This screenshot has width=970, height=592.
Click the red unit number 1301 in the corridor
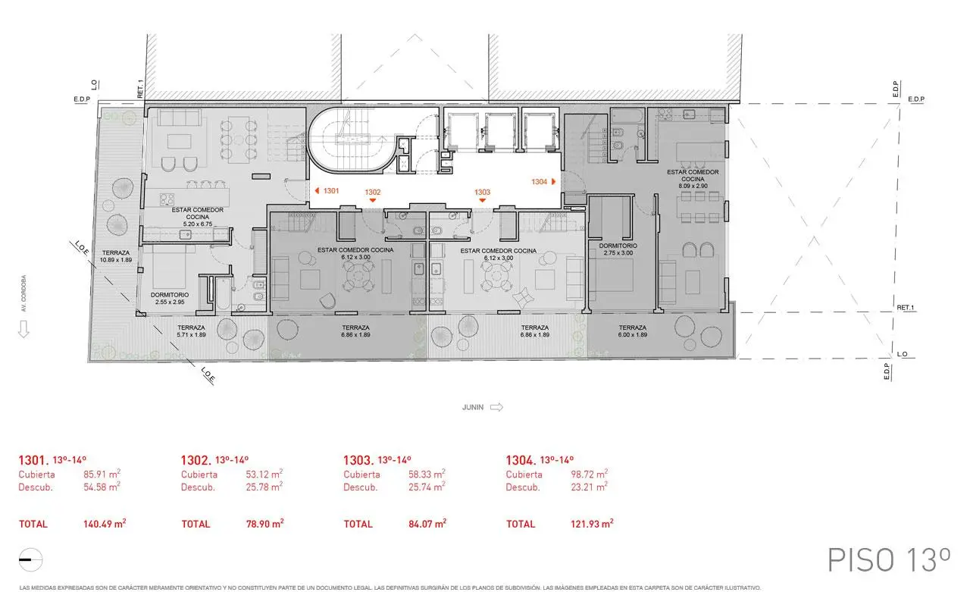point(330,192)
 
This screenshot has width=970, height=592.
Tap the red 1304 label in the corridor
point(540,182)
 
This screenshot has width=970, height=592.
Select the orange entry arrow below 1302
point(373,201)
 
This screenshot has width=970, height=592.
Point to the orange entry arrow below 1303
point(482,201)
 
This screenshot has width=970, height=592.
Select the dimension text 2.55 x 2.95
point(169,302)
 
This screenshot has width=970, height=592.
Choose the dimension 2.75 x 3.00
point(618,253)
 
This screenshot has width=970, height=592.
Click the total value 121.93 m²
point(591,524)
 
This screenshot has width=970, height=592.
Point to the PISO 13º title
point(888,559)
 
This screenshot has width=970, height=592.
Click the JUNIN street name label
point(473,407)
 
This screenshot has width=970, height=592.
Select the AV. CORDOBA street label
point(23,293)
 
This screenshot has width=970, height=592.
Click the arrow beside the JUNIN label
point(496,407)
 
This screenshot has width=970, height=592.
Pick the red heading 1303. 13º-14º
point(377,460)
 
